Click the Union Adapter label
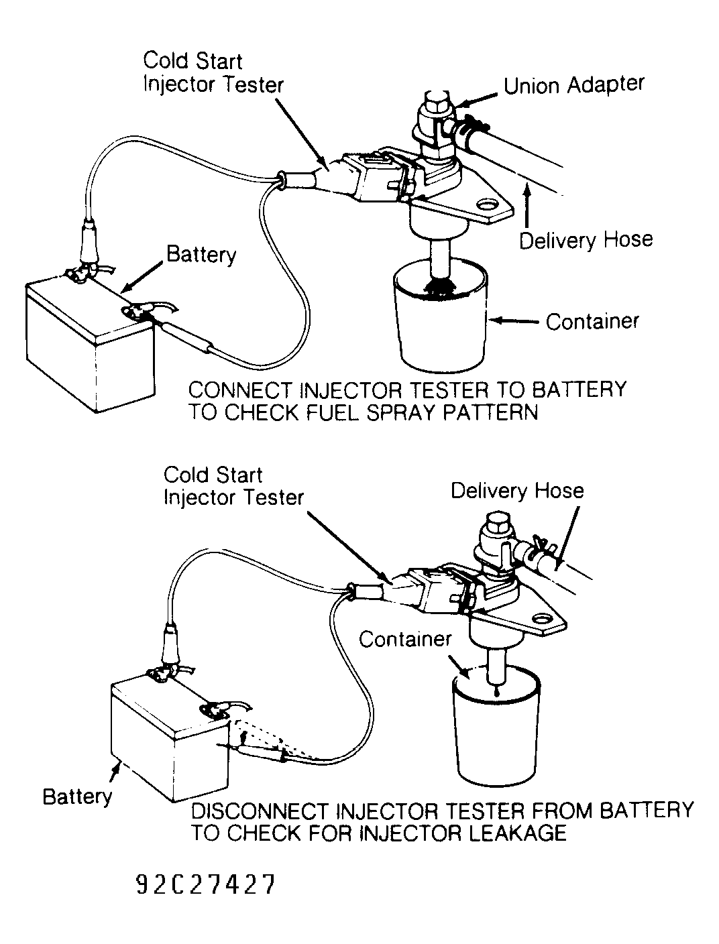coord(573,85)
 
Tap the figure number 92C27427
coord(205,886)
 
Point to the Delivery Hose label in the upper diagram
coord(586,240)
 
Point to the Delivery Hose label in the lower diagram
coord(516,491)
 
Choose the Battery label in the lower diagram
coord(77,796)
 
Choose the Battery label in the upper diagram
coord(201,255)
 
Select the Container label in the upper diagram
coord(592,322)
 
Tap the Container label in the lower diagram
coord(405,639)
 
